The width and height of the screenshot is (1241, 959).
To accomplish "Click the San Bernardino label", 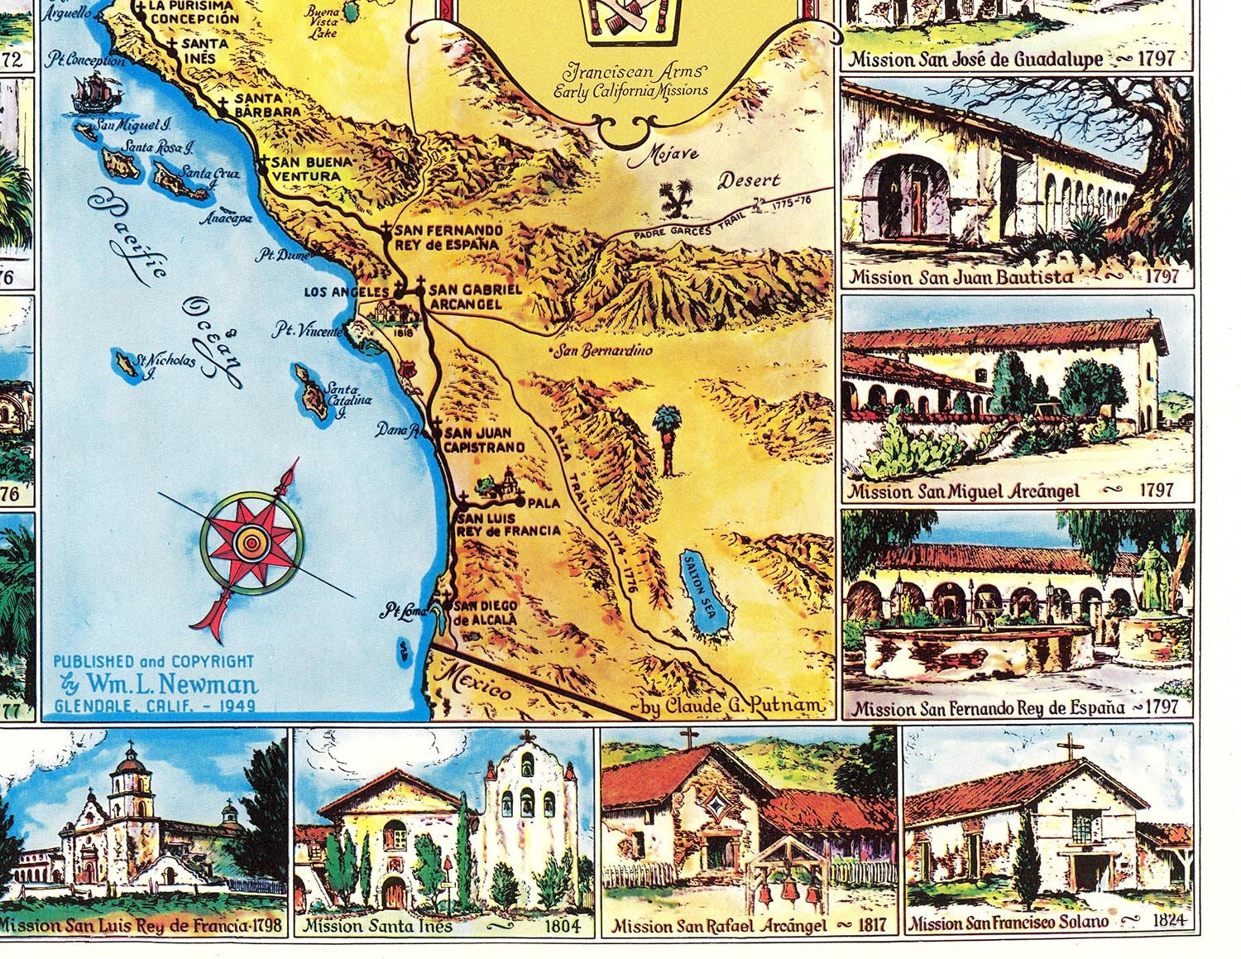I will point(603,351).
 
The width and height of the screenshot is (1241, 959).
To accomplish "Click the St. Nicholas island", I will point(127,363).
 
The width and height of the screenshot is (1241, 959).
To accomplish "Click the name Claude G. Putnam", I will point(734,706).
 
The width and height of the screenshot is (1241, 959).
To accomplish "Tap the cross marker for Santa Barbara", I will point(222,105).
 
